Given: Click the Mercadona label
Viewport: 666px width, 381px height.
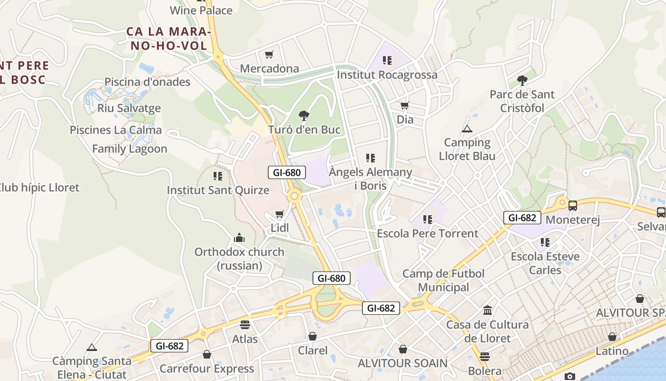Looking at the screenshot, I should [x=269, y=69].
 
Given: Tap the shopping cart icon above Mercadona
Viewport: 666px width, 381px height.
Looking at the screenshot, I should [x=269, y=54].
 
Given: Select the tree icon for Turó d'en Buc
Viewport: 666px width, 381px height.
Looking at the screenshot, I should [x=304, y=115].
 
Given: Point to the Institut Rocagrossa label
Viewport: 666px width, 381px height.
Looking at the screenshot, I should [x=387, y=75].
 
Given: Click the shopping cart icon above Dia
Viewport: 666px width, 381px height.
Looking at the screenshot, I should [x=405, y=105].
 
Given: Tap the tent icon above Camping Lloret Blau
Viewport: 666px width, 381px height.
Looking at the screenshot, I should [x=467, y=129].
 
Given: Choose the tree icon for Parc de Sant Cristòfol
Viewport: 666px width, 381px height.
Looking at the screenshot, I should [x=522, y=80].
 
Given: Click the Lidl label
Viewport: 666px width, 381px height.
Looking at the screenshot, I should [x=280, y=228].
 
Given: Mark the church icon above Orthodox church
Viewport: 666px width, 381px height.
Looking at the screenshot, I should [x=239, y=238].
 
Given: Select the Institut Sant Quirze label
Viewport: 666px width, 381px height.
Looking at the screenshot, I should [x=218, y=190].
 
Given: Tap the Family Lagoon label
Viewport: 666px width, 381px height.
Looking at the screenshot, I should [x=129, y=149].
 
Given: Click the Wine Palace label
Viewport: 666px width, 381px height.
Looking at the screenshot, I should [x=201, y=10].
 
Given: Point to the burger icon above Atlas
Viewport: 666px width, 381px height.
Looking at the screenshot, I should [x=245, y=325].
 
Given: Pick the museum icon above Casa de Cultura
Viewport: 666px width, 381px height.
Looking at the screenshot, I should [x=488, y=311].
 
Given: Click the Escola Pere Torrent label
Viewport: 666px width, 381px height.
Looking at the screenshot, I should [x=427, y=233].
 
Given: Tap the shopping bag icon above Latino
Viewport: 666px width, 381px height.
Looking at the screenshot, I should [x=612, y=337].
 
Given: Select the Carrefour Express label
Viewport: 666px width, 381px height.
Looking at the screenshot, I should [x=206, y=369].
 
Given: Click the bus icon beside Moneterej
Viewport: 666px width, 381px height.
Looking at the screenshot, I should [x=573, y=206].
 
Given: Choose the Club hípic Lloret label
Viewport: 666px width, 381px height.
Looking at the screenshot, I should [x=39, y=188].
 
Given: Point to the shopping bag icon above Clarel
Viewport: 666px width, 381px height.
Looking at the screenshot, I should [x=313, y=337].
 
